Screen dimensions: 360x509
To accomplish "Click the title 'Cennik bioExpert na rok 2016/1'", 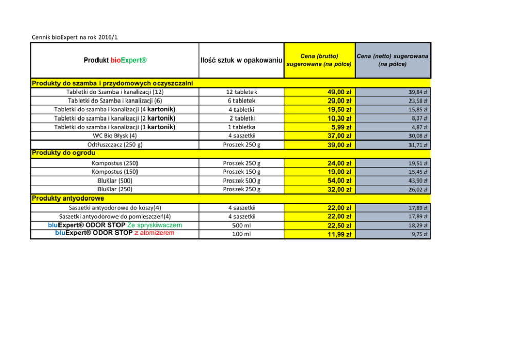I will click(77, 37).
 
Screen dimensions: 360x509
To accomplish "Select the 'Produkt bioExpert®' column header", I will click(114, 61).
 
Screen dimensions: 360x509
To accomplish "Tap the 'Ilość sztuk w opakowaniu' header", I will click(241, 61).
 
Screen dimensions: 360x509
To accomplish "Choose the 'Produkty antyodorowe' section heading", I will click(68, 198).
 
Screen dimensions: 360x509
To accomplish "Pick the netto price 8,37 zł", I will click(420, 118).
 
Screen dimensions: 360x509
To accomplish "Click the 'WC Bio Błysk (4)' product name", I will click(114, 136).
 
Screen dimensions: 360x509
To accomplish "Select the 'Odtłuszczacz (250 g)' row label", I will click(114, 145).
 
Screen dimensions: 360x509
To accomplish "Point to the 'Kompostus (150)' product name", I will click(114, 172).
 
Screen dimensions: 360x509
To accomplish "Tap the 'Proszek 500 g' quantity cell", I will click(241, 181).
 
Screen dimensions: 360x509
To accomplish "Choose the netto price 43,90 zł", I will click(419, 181).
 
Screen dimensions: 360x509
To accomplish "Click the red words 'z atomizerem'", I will click(154, 233).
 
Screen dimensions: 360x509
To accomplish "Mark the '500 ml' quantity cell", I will click(241, 226).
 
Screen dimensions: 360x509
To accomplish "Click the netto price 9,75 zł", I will click(421, 234).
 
